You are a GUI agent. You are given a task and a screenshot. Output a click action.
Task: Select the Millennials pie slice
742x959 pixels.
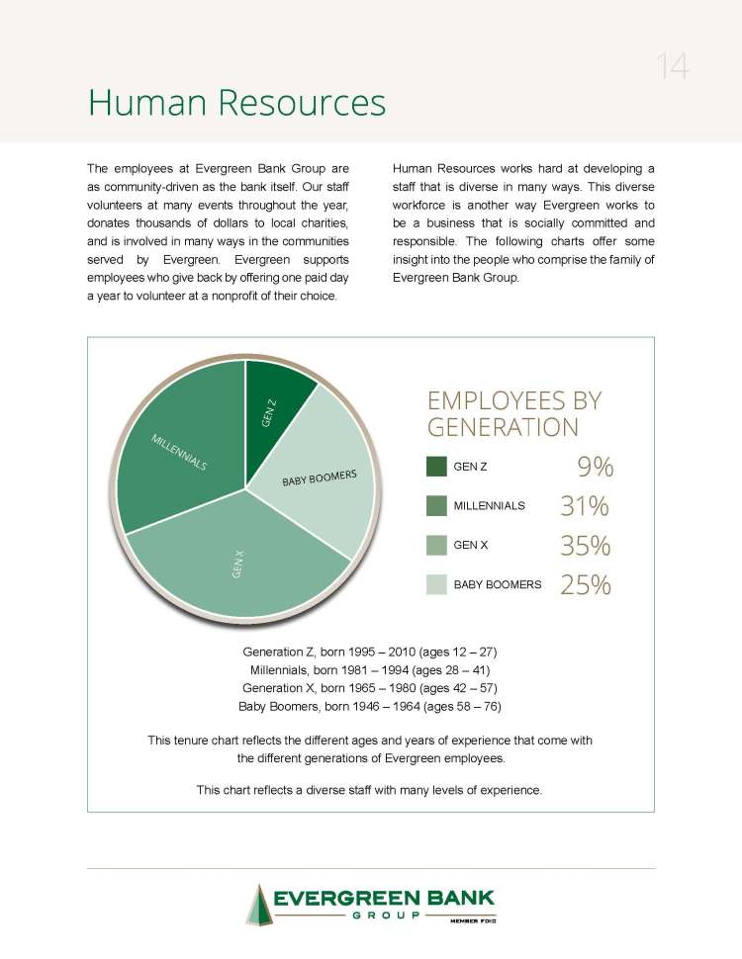point(183,445)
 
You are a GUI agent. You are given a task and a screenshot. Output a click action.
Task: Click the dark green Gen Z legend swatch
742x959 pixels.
point(436,467)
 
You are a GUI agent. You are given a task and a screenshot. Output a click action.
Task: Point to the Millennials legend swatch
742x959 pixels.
point(436,505)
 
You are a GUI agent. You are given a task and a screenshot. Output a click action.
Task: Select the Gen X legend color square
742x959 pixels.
point(436,545)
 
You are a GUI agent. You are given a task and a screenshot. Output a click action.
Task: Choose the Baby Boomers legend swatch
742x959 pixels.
point(436,584)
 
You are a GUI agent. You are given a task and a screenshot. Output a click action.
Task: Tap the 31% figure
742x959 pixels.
point(585,506)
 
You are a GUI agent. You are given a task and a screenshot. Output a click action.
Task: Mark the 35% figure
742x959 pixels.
point(585,546)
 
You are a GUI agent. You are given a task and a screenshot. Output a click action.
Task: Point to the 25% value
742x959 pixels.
point(585,585)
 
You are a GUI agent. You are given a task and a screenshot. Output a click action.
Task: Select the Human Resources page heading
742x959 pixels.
point(236,102)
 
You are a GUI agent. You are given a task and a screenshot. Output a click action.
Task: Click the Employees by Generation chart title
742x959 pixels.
point(513,414)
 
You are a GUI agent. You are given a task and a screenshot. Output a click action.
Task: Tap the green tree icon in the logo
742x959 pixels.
point(259,904)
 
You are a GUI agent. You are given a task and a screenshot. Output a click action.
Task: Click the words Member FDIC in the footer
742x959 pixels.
point(473,920)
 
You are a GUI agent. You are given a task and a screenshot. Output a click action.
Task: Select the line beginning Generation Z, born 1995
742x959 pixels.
point(370,653)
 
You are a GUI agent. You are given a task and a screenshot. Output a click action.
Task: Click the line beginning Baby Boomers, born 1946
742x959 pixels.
point(370,706)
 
